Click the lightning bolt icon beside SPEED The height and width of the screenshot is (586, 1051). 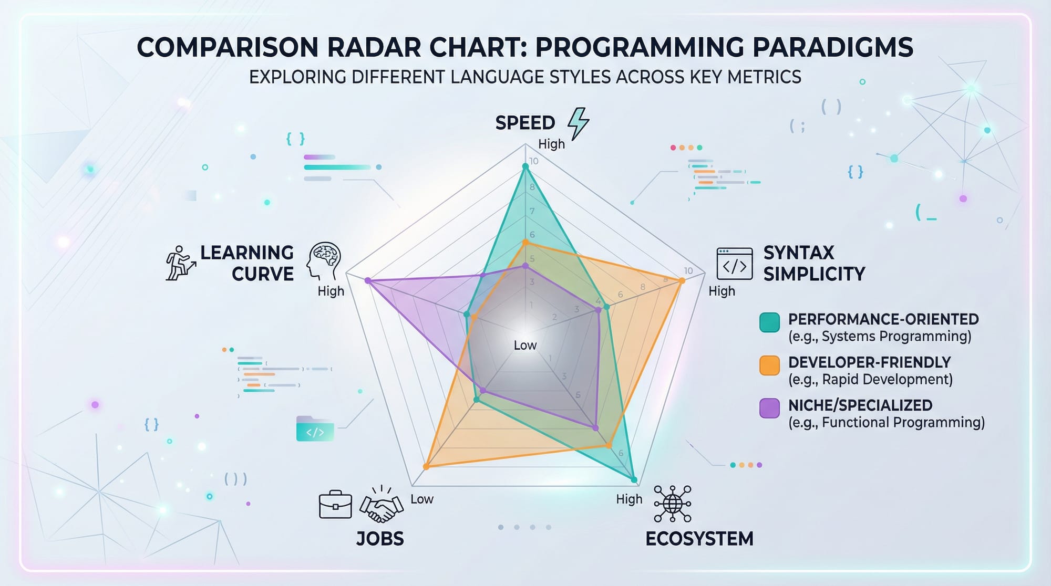coord(578,124)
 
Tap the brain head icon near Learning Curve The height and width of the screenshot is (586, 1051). coord(324,261)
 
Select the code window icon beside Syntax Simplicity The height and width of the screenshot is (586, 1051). coord(735,264)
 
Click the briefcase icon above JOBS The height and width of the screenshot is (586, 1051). coord(335,505)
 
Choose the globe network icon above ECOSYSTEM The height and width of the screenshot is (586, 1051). coord(673,504)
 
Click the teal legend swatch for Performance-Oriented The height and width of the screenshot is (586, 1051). coord(769,322)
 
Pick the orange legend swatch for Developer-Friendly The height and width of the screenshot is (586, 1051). coord(769,365)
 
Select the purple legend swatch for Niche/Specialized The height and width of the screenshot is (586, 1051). coord(769,408)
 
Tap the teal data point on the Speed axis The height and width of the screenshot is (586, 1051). coord(524,167)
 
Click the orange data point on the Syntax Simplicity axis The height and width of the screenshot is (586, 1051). coord(682,281)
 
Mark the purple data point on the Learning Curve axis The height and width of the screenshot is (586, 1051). coord(368,281)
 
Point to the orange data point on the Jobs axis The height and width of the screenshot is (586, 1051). coord(426,466)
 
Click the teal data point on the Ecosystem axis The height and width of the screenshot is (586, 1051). coord(634,480)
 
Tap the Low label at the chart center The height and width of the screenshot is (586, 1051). coord(525,345)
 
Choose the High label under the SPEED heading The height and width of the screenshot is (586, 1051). coord(551,144)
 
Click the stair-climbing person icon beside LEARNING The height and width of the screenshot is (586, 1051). coord(180,263)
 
